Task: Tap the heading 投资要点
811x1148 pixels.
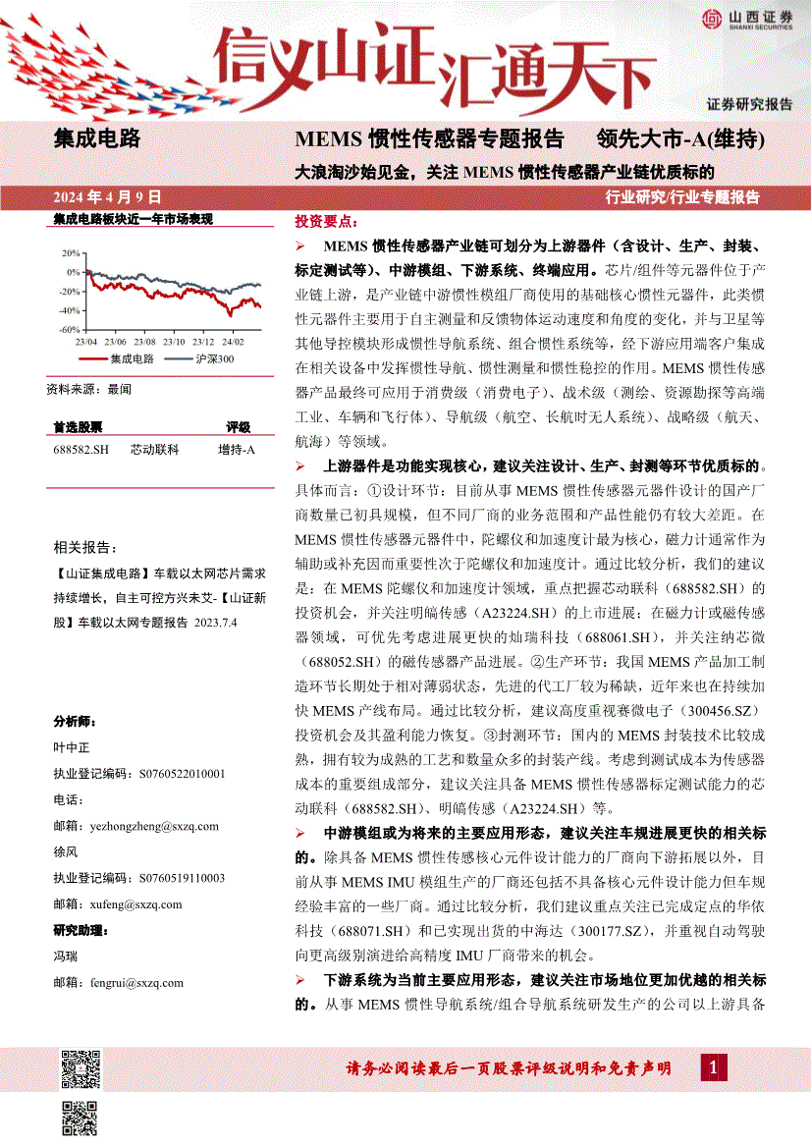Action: (326, 224)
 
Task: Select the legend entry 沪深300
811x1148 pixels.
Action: (214, 359)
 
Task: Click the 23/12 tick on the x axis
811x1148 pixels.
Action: (203, 342)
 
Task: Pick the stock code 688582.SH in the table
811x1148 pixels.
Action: (81, 450)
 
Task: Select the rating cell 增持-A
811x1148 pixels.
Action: (237, 450)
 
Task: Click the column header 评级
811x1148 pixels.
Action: (239, 428)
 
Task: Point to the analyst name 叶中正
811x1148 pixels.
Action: (70, 747)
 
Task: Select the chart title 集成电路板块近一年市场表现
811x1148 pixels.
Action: (133, 220)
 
